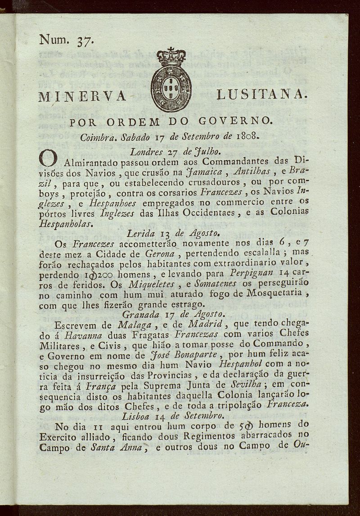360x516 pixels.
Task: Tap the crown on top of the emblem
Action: click(171, 57)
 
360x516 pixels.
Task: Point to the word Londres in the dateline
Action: click(145, 151)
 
